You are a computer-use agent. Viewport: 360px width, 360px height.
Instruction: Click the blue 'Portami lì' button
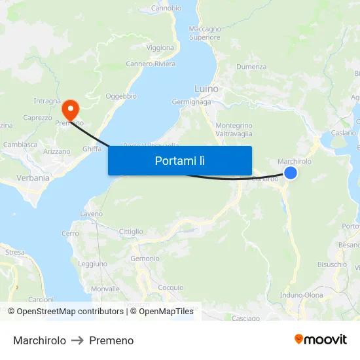(180, 160)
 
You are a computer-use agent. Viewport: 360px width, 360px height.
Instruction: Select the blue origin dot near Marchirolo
(291, 173)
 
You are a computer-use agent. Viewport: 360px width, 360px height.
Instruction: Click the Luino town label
(206, 88)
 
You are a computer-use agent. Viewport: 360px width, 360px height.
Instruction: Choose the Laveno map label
(92, 214)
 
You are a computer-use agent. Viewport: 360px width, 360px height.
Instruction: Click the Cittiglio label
(131, 232)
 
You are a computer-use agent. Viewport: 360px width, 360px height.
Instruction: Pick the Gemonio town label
(145, 259)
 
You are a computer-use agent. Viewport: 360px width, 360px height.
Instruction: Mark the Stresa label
(14, 252)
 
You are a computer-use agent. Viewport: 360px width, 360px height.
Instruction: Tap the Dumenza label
(251, 67)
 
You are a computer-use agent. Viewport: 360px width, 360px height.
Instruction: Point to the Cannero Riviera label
(151, 64)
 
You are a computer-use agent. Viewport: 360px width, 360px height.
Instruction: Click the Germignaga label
(191, 102)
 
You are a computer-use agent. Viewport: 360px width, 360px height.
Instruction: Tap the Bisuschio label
(332, 264)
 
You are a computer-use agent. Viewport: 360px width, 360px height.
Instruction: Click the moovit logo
(321, 339)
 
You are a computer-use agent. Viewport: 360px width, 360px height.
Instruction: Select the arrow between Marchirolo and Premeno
(77, 340)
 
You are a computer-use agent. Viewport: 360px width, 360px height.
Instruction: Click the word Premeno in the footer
(111, 340)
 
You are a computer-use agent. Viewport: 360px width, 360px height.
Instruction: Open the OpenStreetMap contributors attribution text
(69, 312)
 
